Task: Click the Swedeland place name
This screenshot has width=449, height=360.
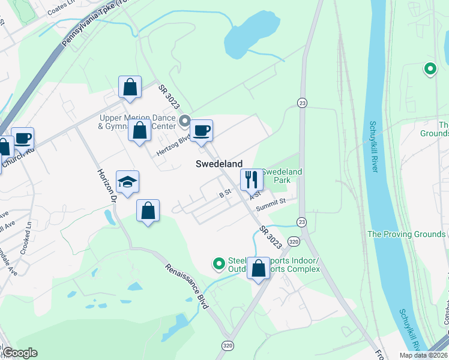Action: point(219,164)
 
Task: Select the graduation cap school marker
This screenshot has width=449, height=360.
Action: point(127,181)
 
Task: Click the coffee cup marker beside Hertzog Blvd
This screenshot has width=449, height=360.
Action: point(201,130)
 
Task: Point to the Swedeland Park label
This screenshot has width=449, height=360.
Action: point(282,176)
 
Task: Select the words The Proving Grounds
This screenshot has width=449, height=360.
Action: point(406,234)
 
